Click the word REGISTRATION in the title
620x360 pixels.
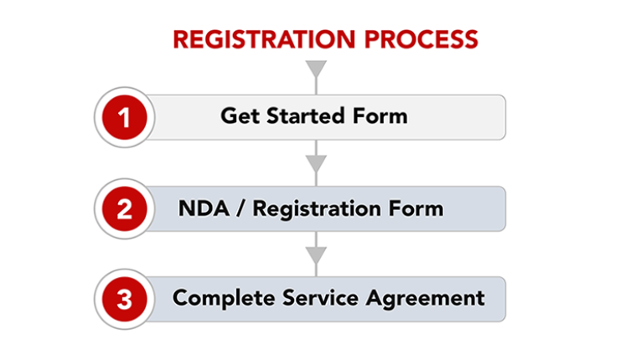264,39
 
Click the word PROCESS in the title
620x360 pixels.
421,39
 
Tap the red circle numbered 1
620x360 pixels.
125,117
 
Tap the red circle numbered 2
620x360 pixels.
125,208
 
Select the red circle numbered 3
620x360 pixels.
125,299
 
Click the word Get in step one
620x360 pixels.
240,116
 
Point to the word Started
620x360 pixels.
305,116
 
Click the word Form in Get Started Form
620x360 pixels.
380,116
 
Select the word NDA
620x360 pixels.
204,208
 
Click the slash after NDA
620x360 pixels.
240,208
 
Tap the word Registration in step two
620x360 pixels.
317,209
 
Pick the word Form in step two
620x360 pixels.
416,208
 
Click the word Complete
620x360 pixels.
224,298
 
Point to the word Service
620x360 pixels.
320,297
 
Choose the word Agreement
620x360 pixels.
426,298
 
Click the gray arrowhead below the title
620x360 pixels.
316,69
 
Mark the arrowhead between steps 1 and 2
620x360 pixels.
316,163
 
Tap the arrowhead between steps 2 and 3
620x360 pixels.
316,255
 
